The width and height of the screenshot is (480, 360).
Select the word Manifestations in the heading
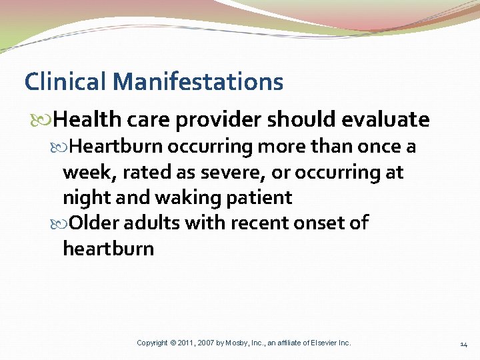pyautogui.click(x=198, y=82)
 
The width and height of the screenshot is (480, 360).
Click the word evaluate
pyautogui.click(x=385, y=120)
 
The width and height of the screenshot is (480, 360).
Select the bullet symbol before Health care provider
pyautogui.click(x=45, y=121)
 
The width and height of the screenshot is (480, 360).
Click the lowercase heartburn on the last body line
pyautogui.click(x=108, y=249)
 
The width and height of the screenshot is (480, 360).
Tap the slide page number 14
pyautogui.click(x=463, y=344)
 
